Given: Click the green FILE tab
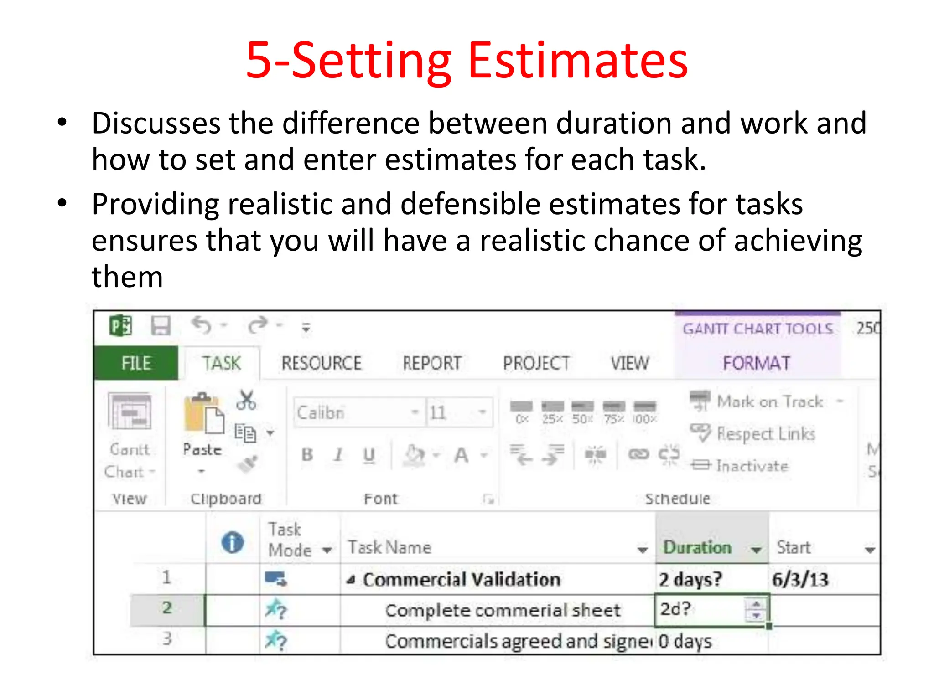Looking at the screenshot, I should [136, 363].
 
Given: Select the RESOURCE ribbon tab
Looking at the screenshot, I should [322, 363].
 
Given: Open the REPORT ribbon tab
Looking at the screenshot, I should [432, 363].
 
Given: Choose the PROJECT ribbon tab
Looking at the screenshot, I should [536, 363].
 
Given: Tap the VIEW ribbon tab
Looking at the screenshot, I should [630, 363].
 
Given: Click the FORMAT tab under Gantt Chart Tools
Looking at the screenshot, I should [757, 363].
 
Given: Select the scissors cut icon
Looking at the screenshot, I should [246, 401].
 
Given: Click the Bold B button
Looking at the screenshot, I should [307, 454].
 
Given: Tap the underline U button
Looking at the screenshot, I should [369, 454].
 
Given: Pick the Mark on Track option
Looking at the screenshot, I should [769, 401].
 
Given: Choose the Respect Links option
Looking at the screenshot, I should [765, 433].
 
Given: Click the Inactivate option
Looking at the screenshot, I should [752, 466].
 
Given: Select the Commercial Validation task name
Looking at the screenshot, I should [462, 580].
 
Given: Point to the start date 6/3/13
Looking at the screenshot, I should [800, 580].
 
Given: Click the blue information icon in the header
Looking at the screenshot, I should [233, 543].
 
